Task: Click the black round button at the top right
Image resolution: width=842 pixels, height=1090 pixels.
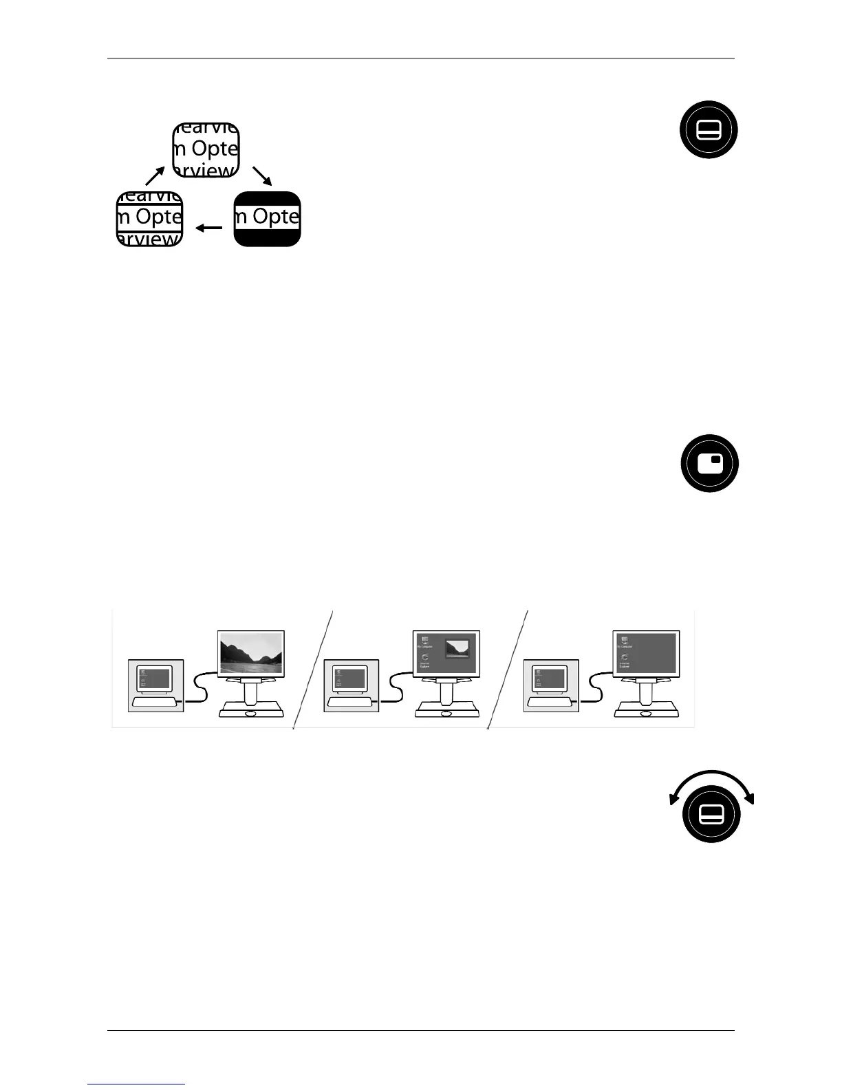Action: click(709, 130)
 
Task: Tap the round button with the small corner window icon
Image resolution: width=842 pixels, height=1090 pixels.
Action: click(709, 463)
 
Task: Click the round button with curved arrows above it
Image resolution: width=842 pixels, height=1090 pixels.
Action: click(711, 814)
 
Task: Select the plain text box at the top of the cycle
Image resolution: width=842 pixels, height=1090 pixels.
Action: click(206, 150)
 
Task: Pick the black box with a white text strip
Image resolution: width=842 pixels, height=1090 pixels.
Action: click(267, 219)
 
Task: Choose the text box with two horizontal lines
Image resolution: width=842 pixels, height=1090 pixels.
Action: click(150, 219)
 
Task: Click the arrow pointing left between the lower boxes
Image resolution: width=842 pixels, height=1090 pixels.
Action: click(209, 228)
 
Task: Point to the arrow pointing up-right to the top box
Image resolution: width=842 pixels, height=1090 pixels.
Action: click(155, 175)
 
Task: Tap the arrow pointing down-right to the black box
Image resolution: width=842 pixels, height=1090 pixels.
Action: click(263, 176)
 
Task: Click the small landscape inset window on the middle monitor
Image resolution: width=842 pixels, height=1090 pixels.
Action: click(457, 648)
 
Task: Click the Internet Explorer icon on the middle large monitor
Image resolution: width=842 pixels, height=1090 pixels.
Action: click(424, 661)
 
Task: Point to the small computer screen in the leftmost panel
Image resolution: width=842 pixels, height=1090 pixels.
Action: click(154, 678)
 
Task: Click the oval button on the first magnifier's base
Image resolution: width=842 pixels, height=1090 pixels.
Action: click(250, 714)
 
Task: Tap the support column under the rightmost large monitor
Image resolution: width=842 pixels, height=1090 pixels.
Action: click(645, 690)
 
